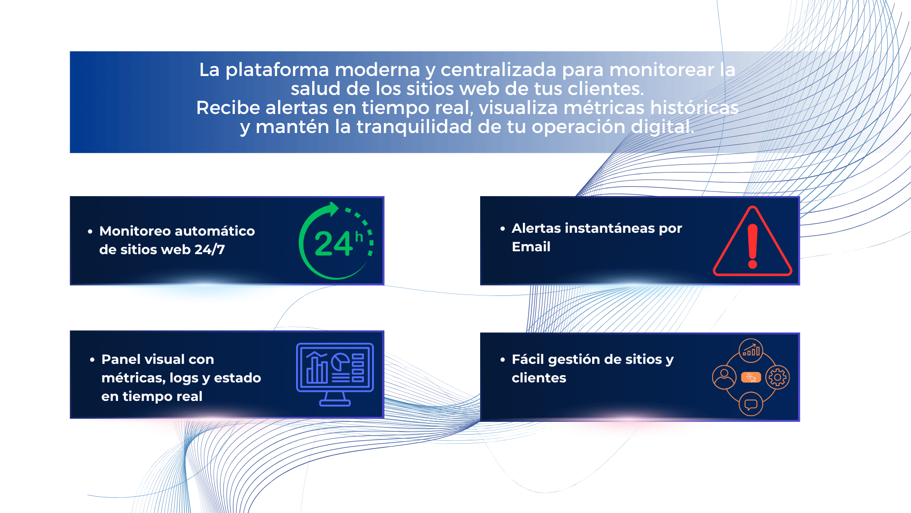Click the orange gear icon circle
778,378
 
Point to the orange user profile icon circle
724,378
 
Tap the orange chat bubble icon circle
751,404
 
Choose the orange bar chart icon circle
751,351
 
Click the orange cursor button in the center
751,378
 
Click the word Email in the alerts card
531,247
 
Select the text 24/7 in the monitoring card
210,249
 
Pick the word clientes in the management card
539,378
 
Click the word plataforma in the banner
277,70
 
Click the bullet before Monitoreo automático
90,231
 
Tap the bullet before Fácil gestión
502,360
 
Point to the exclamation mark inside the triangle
753,247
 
